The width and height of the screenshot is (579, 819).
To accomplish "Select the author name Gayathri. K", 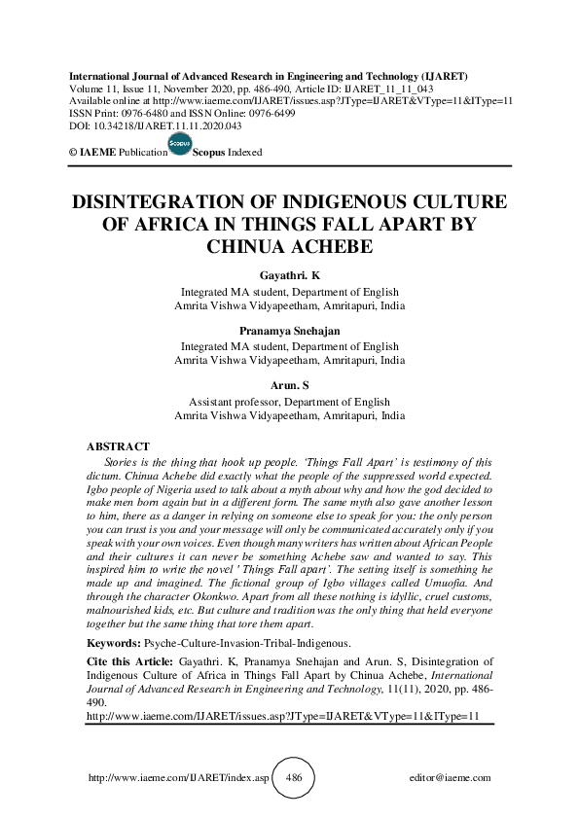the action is (x=289, y=277).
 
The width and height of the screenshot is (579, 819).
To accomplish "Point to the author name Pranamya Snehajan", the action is (x=289, y=332).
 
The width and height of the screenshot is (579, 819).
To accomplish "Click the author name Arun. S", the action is (x=289, y=387).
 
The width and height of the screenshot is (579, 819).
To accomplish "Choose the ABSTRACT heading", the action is (x=119, y=446).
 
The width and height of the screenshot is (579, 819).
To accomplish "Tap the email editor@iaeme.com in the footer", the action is (x=452, y=778).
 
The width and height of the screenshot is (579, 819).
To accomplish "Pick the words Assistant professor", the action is (x=230, y=402).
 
